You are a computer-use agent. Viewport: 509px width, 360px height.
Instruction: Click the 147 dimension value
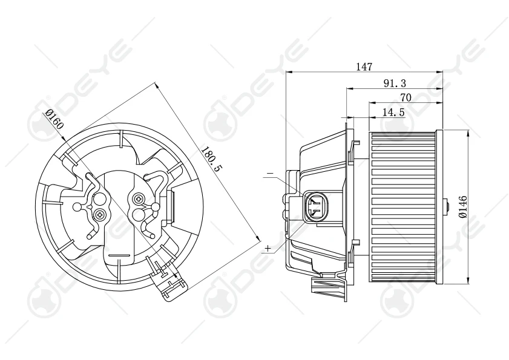[x=364, y=67]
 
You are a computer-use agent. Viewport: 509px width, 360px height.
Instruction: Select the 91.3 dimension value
[x=394, y=83]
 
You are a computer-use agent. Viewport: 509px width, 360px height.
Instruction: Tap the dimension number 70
[x=406, y=97]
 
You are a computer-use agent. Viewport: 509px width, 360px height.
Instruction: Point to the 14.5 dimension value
[x=393, y=112]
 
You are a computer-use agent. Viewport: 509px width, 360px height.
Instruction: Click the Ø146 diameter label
[x=462, y=206]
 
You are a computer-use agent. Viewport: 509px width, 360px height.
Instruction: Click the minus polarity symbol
[x=269, y=174]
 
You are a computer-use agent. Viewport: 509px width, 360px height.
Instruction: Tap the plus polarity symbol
[x=268, y=248]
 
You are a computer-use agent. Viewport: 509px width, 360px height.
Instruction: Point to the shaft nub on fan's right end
[x=447, y=206]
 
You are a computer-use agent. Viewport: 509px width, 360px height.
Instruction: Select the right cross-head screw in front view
[x=140, y=199]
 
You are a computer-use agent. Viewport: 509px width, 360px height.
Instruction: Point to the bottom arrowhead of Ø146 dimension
[x=468, y=280]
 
